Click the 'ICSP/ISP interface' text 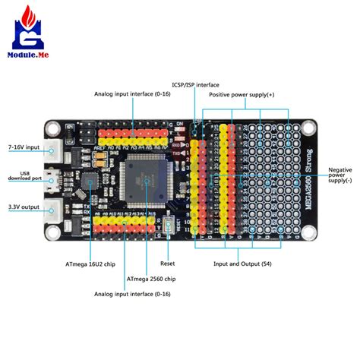[195, 84]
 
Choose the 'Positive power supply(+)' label [264, 94]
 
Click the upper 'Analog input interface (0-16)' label [133, 94]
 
